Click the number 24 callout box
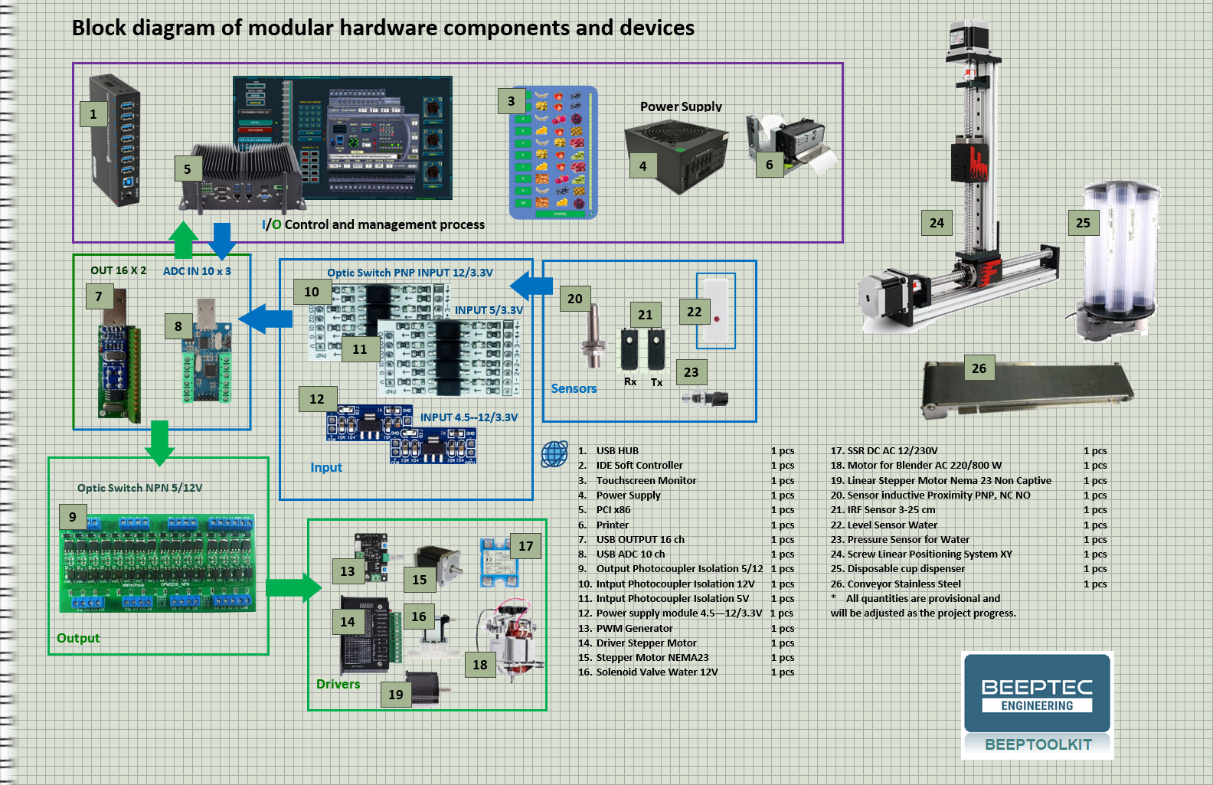(x=937, y=223)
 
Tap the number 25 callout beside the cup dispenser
(x=1083, y=223)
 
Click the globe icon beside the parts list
(x=554, y=454)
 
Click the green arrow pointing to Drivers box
(x=293, y=587)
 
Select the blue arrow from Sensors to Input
(x=531, y=286)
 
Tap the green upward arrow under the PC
(x=183, y=240)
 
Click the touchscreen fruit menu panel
(x=554, y=152)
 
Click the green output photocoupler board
(x=157, y=563)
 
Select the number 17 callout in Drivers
(x=525, y=546)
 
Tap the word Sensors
(x=574, y=388)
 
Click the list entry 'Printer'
(x=613, y=525)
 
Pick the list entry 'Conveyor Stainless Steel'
(x=904, y=584)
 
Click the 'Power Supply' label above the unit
(x=681, y=106)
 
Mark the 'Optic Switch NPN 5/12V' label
(x=139, y=488)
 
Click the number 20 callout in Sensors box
(x=575, y=299)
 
